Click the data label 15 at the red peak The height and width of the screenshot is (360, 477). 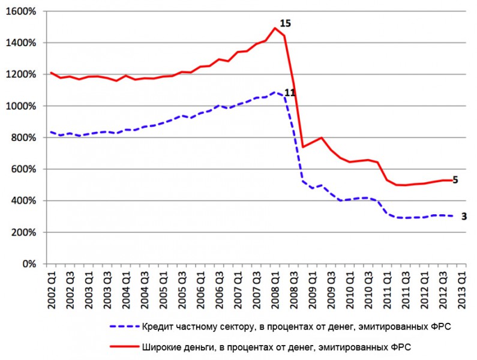[x=285, y=23]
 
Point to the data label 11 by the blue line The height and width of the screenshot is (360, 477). [x=290, y=92]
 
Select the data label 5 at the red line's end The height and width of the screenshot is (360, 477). [x=455, y=179]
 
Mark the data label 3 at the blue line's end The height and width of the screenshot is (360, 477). [x=464, y=216]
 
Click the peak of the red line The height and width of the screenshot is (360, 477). [x=275, y=28]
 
